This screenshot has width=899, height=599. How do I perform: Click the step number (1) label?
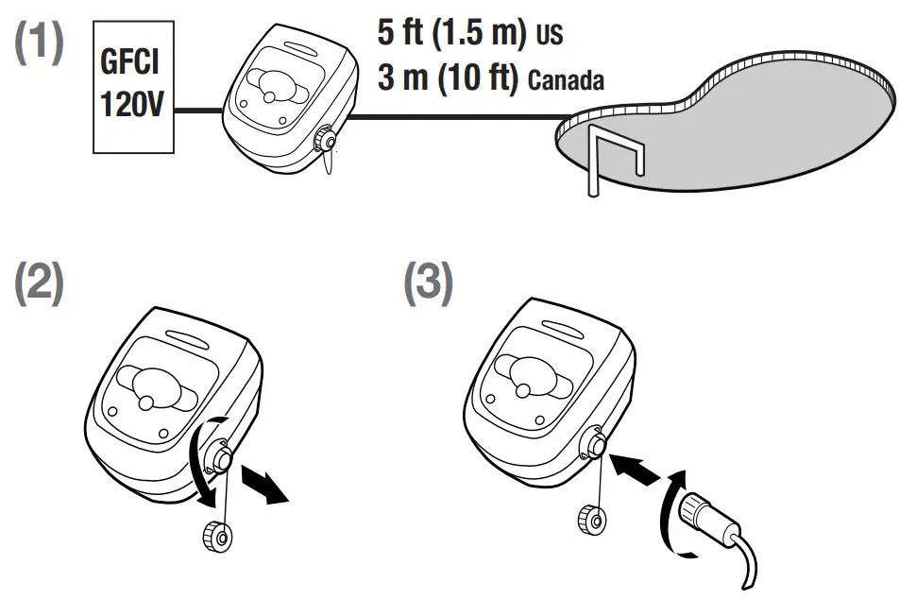[39, 44]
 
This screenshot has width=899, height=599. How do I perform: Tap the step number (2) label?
[39, 282]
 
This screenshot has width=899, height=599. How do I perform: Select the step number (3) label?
[428, 282]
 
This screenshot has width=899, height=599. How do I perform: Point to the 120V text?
[129, 103]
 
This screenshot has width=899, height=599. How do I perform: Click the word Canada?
[566, 80]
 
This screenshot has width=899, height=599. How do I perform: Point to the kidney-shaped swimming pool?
[737, 128]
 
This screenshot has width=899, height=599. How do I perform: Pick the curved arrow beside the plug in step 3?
[667, 510]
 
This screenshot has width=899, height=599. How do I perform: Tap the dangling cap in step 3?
[590, 519]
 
